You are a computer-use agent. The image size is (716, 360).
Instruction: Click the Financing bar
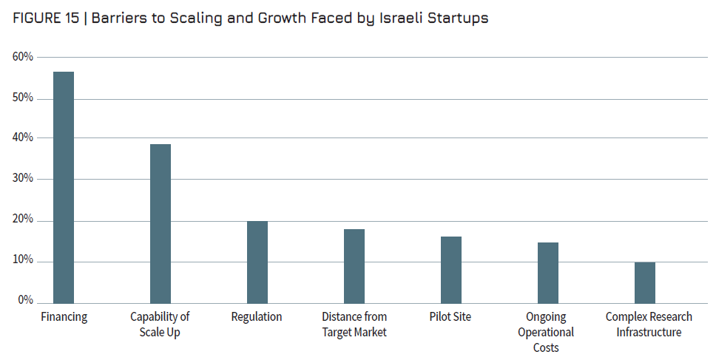tap(64, 187)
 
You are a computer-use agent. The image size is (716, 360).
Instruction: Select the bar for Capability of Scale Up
tap(161, 223)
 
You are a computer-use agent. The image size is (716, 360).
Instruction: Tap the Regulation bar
tap(257, 262)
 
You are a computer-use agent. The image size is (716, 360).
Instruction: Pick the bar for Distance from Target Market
tap(354, 265)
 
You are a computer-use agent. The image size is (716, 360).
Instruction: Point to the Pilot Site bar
tap(451, 269)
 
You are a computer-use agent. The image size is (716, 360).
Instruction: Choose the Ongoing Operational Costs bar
tap(548, 272)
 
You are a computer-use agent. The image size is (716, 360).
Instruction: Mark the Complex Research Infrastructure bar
tap(645, 282)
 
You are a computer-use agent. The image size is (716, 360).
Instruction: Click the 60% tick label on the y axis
tap(23, 57)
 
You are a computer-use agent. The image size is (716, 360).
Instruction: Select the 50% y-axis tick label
tap(23, 98)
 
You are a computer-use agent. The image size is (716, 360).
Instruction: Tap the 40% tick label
tap(23, 138)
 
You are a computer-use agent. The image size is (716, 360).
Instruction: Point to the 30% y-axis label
tap(23, 179)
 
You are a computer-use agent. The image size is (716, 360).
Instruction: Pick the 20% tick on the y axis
tap(23, 220)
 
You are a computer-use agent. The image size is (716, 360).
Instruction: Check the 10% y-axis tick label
tap(23, 261)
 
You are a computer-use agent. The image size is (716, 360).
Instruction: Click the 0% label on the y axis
tap(26, 301)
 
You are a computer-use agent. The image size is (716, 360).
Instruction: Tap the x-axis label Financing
tap(64, 317)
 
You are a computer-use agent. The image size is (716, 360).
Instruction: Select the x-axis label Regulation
tap(257, 317)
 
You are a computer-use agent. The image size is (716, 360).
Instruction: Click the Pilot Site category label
tap(450, 317)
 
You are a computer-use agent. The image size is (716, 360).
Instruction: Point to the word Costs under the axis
tap(546, 347)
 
